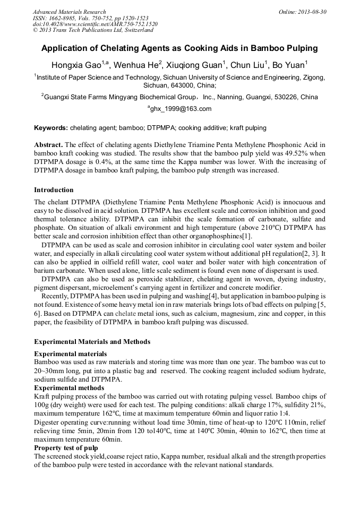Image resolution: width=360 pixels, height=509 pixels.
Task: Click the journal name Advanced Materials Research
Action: (69, 12)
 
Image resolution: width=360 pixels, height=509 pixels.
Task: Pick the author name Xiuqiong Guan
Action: (196, 65)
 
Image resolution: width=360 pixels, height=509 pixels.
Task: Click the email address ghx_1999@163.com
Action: (181, 109)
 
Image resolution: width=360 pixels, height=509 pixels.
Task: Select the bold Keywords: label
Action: (51, 128)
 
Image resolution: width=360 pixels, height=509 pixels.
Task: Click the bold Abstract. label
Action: (49, 145)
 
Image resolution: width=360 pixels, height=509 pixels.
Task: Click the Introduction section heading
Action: (54, 190)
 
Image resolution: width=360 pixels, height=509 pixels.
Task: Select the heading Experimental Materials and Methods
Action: (92, 342)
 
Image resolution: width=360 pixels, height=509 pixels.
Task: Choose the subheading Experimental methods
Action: (69, 388)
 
